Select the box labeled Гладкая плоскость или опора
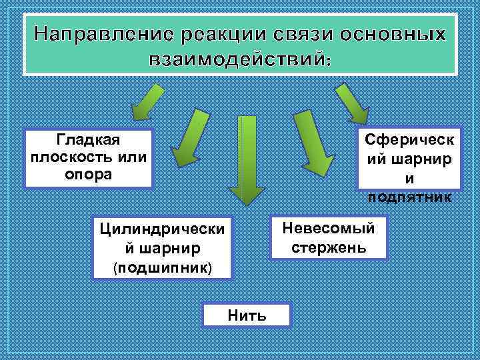[x=89, y=158]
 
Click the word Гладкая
[x=88, y=141]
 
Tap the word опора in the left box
[x=89, y=175]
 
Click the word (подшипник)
[x=163, y=267]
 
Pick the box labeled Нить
[x=247, y=315]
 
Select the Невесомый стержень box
[x=329, y=238]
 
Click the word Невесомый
[x=329, y=229]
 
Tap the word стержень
[x=329, y=248]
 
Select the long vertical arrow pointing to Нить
[x=247, y=160]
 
